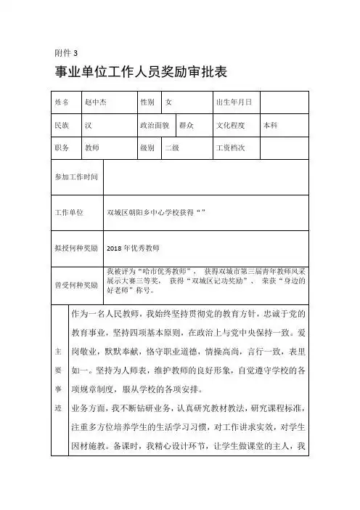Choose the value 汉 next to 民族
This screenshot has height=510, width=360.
click(x=89, y=125)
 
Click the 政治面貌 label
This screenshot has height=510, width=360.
click(x=155, y=125)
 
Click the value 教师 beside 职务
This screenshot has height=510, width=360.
click(x=92, y=147)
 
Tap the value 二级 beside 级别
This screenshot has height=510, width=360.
click(x=172, y=147)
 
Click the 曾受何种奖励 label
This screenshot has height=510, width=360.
click(x=76, y=285)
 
